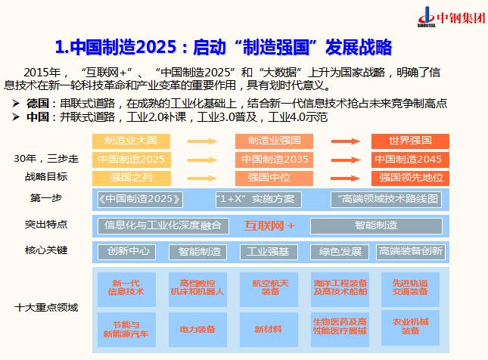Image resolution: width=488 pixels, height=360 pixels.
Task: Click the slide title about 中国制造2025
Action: point(224,48)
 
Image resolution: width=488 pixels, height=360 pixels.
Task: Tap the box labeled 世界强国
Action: point(409,141)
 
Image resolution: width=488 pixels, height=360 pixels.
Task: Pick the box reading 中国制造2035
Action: point(274,160)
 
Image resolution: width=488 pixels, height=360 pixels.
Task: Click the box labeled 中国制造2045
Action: point(409,160)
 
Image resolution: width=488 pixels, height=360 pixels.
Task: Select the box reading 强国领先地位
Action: point(409,178)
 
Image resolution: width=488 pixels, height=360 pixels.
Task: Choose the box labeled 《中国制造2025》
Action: point(141,200)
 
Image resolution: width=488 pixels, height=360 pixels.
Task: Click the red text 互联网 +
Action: point(269,225)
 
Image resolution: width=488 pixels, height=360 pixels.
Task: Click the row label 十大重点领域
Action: point(46,307)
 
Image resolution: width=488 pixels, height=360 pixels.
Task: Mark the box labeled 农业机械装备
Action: point(410,326)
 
